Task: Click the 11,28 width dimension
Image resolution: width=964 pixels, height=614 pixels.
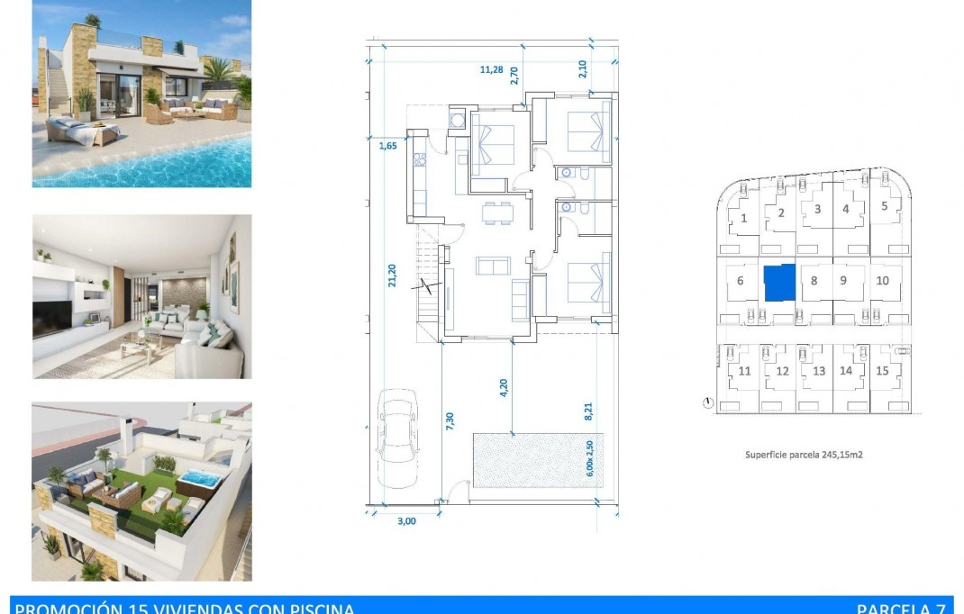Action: coord(491,69)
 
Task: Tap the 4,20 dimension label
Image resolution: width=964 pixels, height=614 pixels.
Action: coord(504,387)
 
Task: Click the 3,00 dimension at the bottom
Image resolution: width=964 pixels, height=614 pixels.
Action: coord(407,520)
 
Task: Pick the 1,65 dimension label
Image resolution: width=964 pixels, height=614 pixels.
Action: coord(387,145)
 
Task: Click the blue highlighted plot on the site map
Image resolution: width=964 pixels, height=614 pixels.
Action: coord(779,282)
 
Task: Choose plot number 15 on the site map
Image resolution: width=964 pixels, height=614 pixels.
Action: coord(882,370)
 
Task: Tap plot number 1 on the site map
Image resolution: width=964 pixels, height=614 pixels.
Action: coord(744,217)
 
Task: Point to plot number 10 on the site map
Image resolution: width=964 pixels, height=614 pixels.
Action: coord(882,280)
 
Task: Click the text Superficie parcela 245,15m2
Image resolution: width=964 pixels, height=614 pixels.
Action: coord(804,455)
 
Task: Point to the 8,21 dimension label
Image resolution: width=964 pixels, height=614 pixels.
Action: coord(589,411)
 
